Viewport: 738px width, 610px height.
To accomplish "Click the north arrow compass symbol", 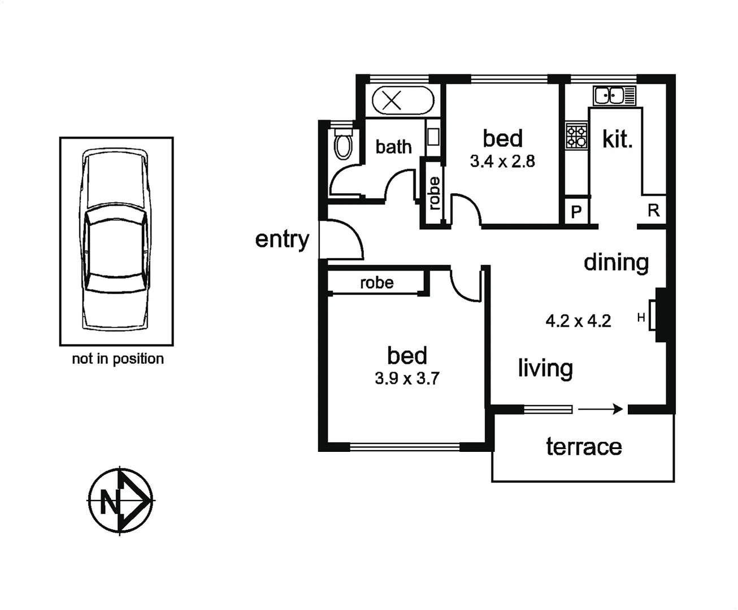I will [x=120, y=500].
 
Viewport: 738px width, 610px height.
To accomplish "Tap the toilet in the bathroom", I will [x=342, y=145].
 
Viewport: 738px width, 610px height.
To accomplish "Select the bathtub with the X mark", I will [x=402, y=101].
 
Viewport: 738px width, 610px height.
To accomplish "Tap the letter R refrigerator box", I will [x=653, y=211].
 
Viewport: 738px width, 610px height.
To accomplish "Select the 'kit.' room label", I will [x=617, y=139].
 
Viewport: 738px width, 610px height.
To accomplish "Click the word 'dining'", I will [x=616, y=263].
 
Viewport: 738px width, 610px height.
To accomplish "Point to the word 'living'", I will [x=545, y=368].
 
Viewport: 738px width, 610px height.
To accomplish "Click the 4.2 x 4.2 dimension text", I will [x=578, y=321].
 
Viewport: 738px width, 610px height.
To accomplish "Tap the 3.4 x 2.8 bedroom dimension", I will [x=502, y=162].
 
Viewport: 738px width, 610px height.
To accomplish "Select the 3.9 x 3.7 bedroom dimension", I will [x=407, y=378].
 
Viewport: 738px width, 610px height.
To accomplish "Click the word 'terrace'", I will [x=584, y=447].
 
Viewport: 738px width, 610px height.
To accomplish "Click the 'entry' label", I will [x=282, y=239].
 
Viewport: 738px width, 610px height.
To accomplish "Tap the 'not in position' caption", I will [x=118, y=359].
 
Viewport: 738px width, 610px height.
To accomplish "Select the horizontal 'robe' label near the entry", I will [x=376, y=282].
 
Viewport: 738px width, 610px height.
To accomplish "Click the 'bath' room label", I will [x=393, y=147].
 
